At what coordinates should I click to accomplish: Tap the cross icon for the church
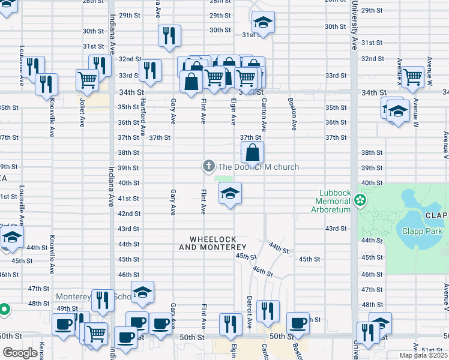(208, 166)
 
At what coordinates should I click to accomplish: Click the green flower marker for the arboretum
(360, 200)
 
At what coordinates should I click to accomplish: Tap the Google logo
(20, 353)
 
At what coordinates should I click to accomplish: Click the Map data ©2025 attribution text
(423, 355)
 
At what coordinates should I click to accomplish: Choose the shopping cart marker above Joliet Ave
(88, 80)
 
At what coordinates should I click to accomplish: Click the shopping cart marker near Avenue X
(412, 77)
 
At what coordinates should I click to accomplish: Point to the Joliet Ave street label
(82, 113)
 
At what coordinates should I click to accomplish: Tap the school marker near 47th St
(142, 292)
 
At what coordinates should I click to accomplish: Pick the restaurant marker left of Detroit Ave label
(231, 325)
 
